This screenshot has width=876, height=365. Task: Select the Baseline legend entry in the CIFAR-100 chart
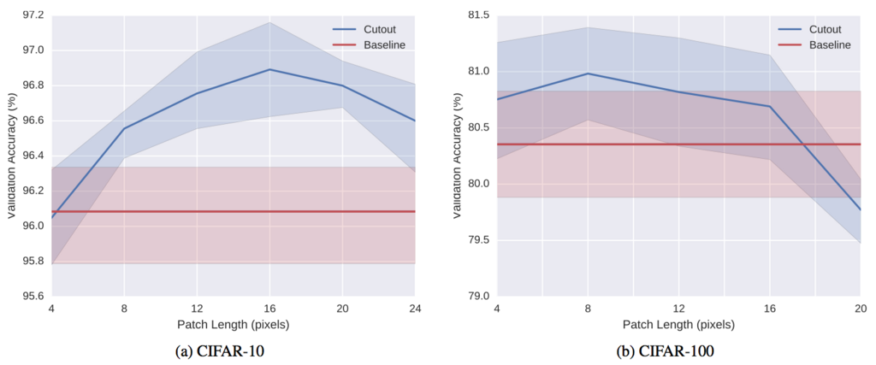point(814,44)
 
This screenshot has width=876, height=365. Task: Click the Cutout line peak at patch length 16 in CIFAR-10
point(269,69)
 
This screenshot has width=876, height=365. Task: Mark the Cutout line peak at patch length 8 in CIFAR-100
point(588,74)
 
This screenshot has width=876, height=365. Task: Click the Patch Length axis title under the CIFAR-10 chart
point(234,324)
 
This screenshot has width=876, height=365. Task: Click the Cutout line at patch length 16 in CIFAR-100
point(769,106)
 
